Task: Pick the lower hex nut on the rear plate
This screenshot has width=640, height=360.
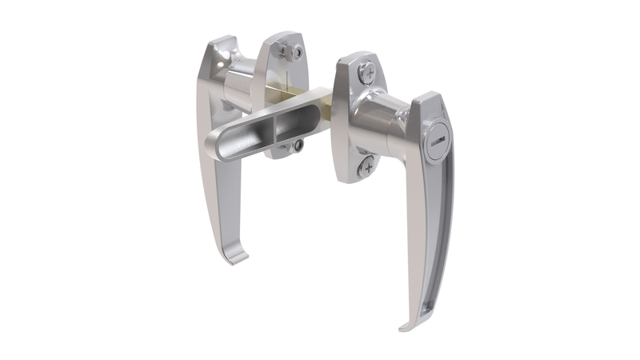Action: coord(298,146)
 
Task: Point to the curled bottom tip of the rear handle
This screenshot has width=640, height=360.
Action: coord(235,258)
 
